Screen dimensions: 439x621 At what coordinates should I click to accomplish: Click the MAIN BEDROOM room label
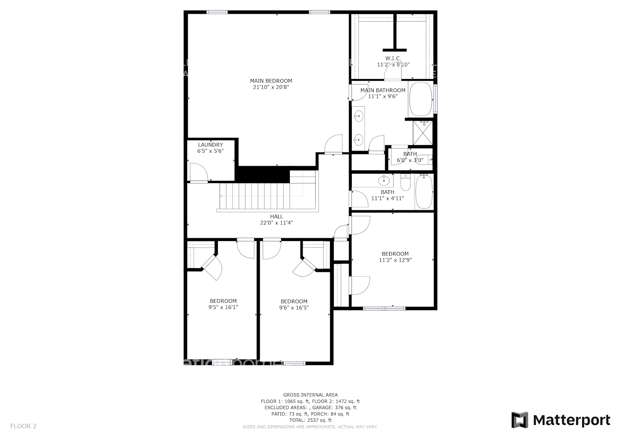click(271, 81)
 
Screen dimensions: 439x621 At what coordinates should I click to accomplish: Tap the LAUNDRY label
click(210, 145)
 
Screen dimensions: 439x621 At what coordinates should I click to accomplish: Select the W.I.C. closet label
click(393, 58)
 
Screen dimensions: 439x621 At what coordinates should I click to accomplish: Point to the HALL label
click(277, 216)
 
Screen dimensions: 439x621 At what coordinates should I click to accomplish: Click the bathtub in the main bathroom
click(420, 99)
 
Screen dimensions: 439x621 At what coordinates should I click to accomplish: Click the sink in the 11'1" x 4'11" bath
click(384, 180)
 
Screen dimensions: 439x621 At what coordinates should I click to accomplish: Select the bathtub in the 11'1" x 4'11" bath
click(424, 192)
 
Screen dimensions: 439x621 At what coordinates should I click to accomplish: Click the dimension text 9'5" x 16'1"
click(223, 307)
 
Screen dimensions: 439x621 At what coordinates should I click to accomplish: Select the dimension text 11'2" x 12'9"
click(395, 260)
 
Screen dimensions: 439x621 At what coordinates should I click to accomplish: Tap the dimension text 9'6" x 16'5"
click(294, 308)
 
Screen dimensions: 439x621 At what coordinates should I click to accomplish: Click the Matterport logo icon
click(520, 420)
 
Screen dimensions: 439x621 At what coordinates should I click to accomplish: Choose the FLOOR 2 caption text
click(23, 426)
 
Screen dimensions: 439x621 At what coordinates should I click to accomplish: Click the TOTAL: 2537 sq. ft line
click(310, 420)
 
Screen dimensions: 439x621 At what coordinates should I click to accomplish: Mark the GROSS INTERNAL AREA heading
click(310, 395)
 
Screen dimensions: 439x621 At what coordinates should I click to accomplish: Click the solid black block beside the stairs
click(263, 174)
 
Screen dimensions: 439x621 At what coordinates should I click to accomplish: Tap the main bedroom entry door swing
click(334, 144)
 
